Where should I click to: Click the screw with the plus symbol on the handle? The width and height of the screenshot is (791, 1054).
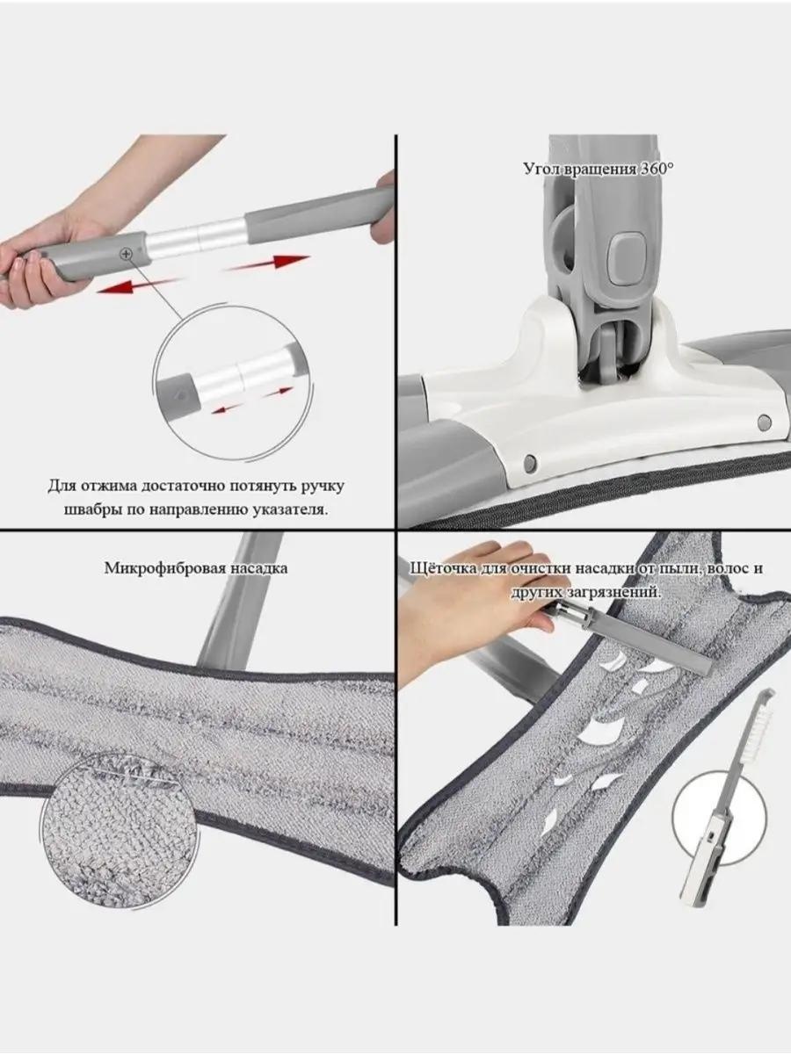pos(127,253)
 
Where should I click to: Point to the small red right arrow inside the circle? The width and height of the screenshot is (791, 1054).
pos(278,392)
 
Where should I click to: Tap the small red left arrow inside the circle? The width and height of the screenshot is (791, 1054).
pos(227,409)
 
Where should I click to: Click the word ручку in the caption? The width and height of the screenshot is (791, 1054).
pos(323,487)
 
